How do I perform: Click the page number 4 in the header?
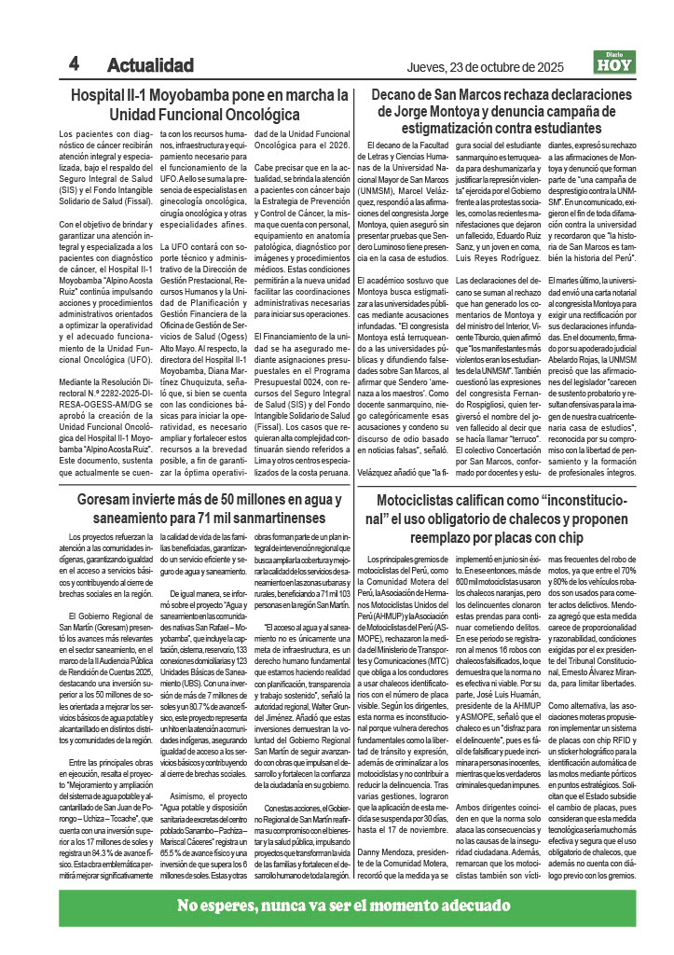pyautogui.click(x=74, y=63)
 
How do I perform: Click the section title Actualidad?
pyautogui.click(x=150, y=65)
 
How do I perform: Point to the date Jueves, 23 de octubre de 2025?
pyautogui.click(x=486, y=67)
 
